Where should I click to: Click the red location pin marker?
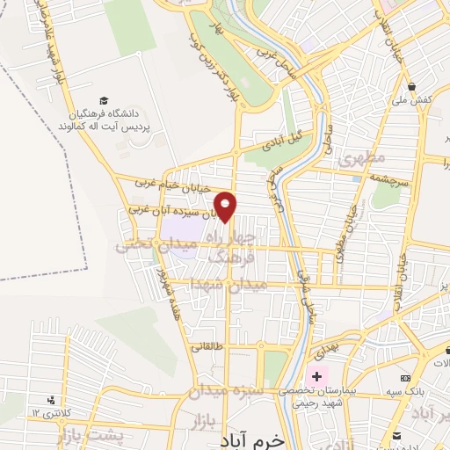pos(227,207)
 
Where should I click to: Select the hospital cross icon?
pos(316,377)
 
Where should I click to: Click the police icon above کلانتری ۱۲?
pos(61,400)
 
